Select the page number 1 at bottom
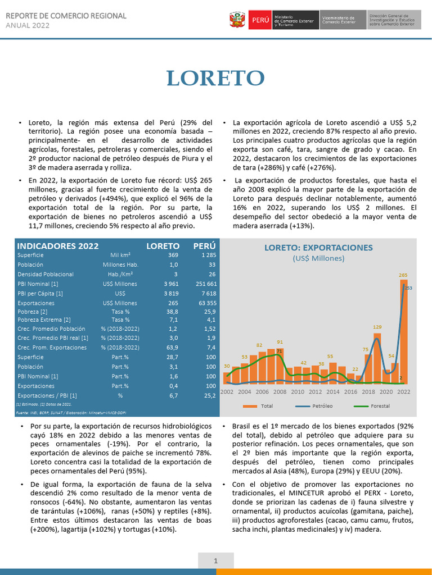click(215, 561)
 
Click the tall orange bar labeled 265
click(403, 331)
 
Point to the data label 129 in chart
click(377, 327)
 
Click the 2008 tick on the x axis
click(280, 391)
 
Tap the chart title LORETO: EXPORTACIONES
click(318, 248)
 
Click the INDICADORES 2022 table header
click(58, 246)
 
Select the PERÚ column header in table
click(205, 246)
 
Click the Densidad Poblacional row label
click(46, 274)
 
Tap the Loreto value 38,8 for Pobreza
click(172, 311)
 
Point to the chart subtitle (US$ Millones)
click(318, 258)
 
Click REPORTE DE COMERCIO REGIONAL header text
click(66, 16)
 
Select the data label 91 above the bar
click(280, 341)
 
